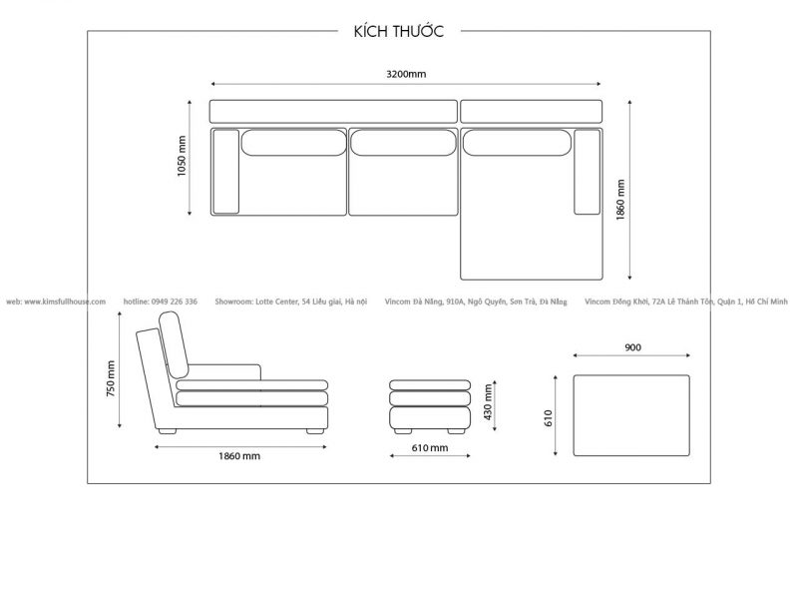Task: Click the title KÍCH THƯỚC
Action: (x=398, y=31)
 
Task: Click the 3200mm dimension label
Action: (x=406, y=74)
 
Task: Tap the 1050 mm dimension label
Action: (x=182, y=156)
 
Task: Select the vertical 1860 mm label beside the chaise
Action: (x=619, y=200)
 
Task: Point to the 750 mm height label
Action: (x=111, y=378)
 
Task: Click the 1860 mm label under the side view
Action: (x=239, y=456)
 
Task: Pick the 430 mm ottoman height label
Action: (x=488, y=401)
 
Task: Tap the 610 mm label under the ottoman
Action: (x=430, y=447)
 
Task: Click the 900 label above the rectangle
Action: (x=632, y=347)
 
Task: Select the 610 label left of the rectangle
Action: (x=548, y=417)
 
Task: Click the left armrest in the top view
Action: (x=226, y=172)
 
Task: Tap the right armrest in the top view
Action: (x=588, y=172)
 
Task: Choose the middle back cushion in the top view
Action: (x=404, y=143)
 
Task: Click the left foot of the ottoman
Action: (x=403, y=431)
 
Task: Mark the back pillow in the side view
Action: (x=174, y=344)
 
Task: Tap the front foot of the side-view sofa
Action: (x=315, y=431)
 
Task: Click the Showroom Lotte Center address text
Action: (x=290, y=302)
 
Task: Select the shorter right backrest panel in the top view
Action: (x=532, y=112)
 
